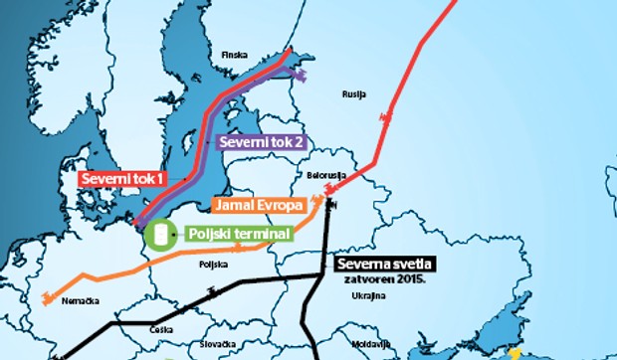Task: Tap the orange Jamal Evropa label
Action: click(x=259, y=206)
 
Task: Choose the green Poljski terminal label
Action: click(x=239, y=235)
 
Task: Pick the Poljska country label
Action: click(x=214, y=266)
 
